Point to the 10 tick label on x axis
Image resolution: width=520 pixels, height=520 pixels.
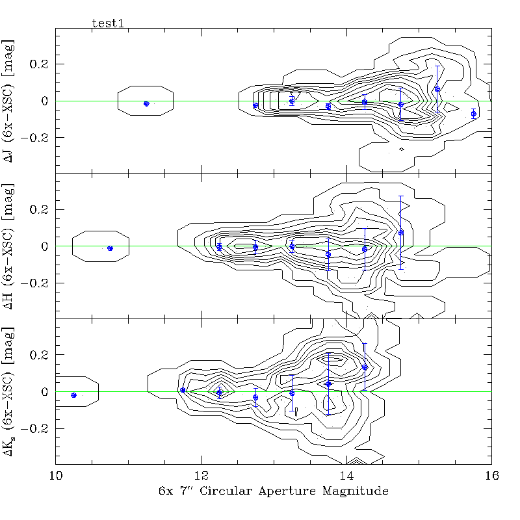click(56, 475)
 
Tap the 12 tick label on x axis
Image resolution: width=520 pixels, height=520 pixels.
click(201, 475)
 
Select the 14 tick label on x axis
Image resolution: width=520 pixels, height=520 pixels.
click(346, 475)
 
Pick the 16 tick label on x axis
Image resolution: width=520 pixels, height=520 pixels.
click(491, 475)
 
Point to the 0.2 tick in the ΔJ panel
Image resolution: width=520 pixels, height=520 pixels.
click(40, 64)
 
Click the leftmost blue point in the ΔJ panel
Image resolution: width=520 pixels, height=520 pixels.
click(146, 103)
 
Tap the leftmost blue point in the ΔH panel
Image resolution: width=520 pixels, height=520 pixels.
click(110, 248)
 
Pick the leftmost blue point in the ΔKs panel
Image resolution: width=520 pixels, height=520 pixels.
click(73, 395)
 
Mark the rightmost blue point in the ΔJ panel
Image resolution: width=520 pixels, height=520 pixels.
click(473, 114)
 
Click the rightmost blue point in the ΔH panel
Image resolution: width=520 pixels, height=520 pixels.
click(401, 232)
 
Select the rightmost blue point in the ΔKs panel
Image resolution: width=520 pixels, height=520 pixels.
click(365, 367)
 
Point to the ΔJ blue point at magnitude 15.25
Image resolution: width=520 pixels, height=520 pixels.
click(437, 89)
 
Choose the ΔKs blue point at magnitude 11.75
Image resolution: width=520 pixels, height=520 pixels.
click(183, 390)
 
